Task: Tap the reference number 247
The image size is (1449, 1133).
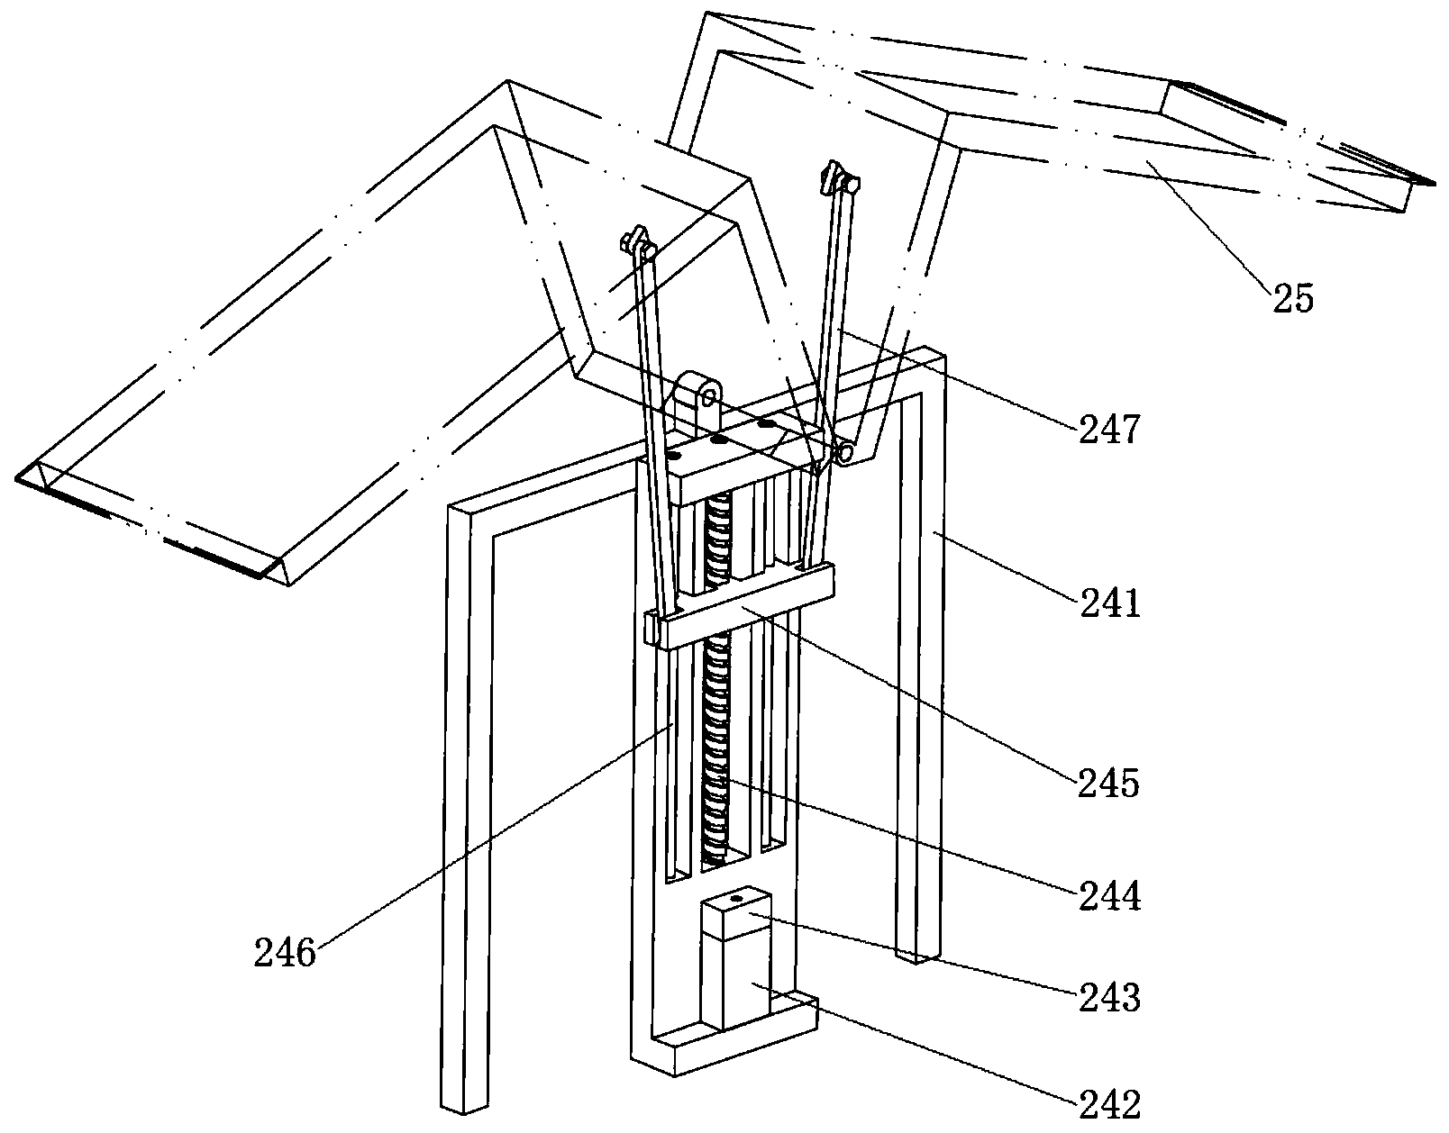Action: pos(1109,429)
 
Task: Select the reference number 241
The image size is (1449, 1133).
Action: pos(1110,604)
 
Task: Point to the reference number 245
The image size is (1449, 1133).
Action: pos(1109,783)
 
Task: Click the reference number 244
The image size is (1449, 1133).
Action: pos(1110,896)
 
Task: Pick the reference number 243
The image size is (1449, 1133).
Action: pos(1110,998)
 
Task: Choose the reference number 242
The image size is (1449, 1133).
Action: pos(1110,1104)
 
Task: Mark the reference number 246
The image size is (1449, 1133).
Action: pos(285,952)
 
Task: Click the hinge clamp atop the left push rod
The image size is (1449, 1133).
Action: pos(638,242)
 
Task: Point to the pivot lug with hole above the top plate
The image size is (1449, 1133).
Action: pos(698,401)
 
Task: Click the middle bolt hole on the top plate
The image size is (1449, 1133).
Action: pos(718,440)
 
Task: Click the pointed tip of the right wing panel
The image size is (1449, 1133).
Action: pos(1434,184)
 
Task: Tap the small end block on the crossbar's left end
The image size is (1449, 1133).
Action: pos(652,629)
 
